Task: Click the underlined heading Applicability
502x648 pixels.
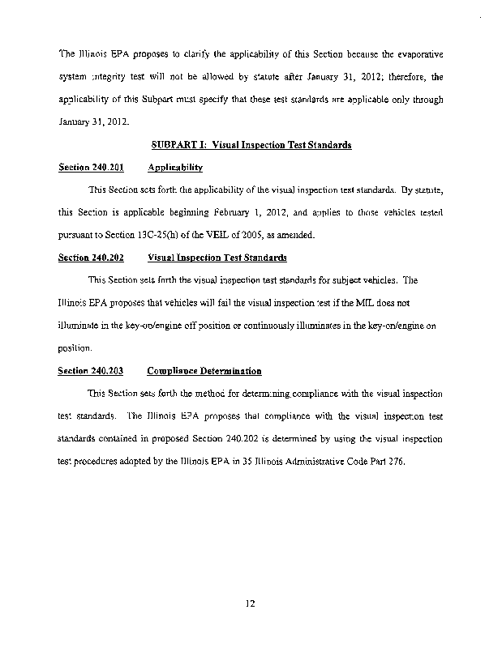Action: [175, 168]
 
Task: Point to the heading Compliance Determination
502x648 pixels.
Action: [204, 371]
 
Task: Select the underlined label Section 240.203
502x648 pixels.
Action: [91, 371]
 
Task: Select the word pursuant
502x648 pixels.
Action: [75, 235]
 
